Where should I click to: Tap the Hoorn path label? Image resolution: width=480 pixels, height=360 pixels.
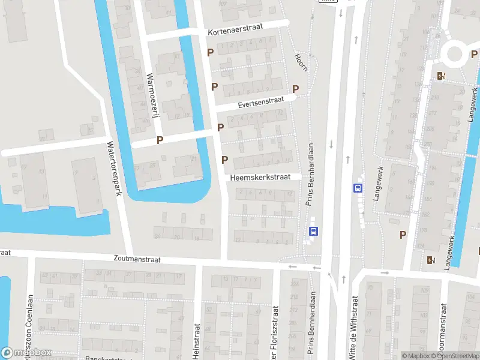coord(301,62)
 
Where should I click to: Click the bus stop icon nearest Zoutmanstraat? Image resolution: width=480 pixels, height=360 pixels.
coord(313,231)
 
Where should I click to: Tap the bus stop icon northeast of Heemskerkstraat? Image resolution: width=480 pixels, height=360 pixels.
coord(357,188)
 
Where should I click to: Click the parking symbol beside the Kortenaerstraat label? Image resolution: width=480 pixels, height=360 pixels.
coord(210,53)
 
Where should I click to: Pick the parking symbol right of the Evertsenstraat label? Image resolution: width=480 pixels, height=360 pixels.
coord(295,89)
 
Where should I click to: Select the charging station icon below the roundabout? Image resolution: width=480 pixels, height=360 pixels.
coord(442,76)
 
